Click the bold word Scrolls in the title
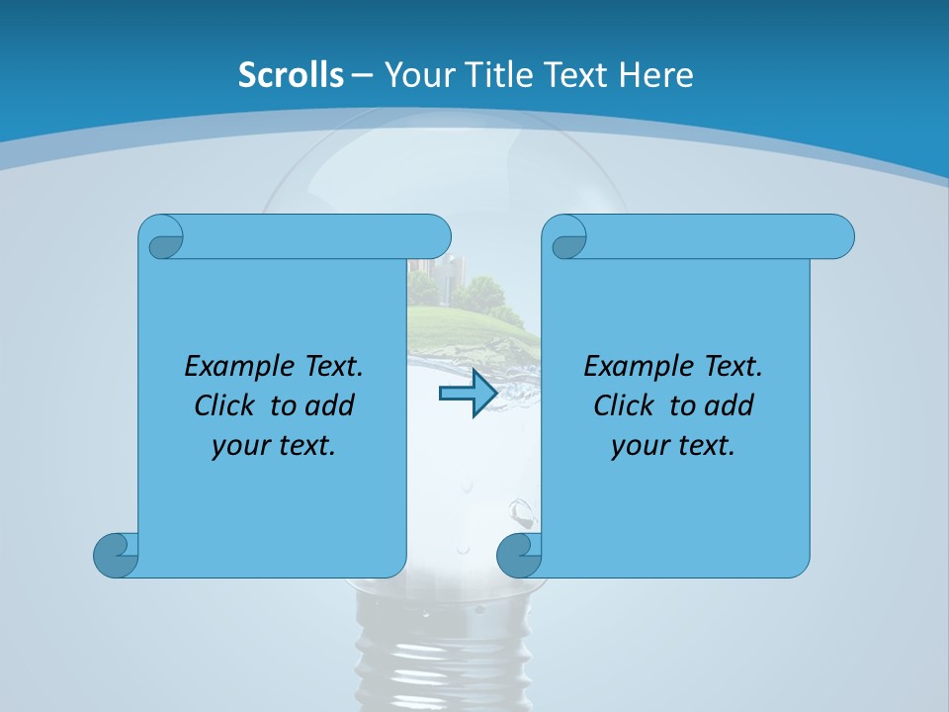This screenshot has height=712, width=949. (291, 75)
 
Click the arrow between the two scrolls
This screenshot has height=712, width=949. (467, 394)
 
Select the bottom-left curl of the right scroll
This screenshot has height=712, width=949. (519, 554)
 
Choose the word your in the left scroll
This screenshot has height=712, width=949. (238, 445)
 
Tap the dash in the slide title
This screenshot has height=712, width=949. (363, 75)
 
